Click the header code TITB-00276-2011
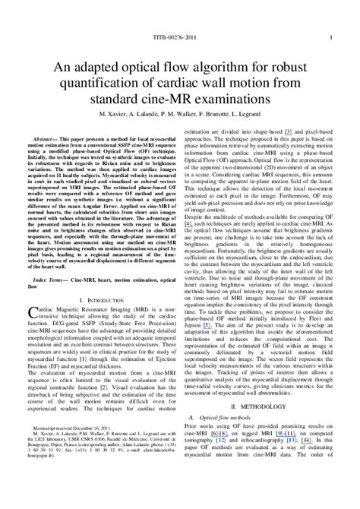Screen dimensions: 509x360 coord(180,36)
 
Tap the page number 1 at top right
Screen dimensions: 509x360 coord(330,36)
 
